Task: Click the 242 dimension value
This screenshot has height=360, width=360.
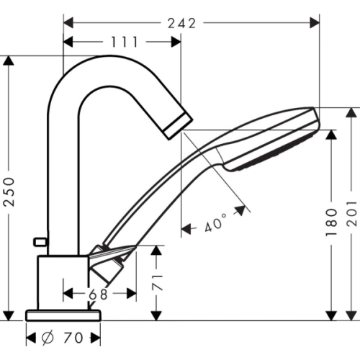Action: [181, 24]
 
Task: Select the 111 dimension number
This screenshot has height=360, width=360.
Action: [125, 42]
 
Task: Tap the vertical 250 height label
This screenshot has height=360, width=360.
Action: [9, 192]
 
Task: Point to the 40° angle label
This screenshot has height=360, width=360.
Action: [216, 222]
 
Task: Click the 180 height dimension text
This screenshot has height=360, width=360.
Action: [331, 222]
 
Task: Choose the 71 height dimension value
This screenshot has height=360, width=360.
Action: [158, 283]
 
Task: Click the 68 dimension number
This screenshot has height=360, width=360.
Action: [98, 294]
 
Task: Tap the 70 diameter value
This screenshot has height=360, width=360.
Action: [73, 338]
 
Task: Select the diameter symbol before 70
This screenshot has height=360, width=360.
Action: [48, 338]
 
